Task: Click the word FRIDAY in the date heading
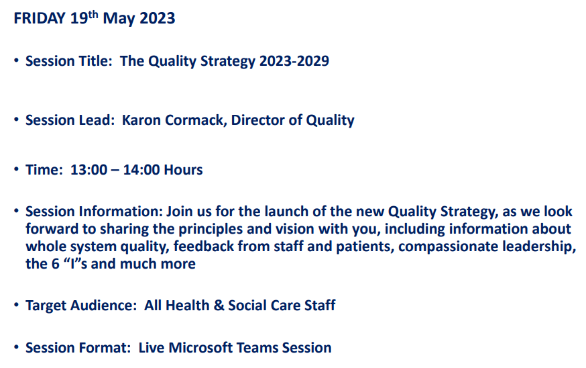[x=40, y=19]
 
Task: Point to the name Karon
[x=141, y=121]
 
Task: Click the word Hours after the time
[x=182, y=171]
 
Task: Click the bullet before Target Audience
[x=16, y=306]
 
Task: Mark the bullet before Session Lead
[x=16, y=121]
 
